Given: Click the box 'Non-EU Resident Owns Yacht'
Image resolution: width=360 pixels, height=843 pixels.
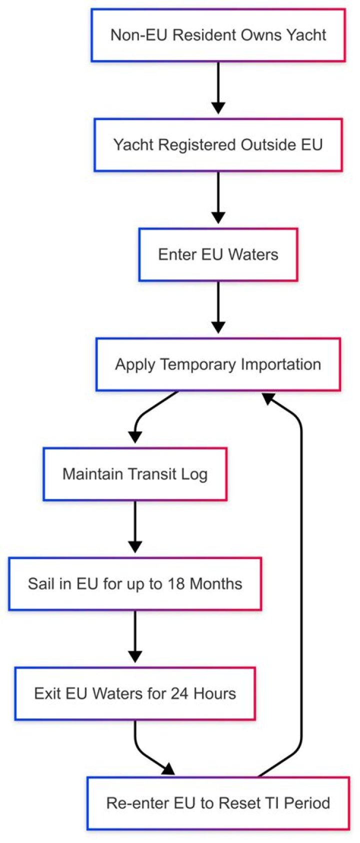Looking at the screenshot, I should (x=218, y=35).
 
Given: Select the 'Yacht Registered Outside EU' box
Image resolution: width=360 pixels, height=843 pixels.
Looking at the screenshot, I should (x=218, y=145).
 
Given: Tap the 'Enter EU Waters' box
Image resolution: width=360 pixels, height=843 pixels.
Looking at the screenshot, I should (x=218, y=254).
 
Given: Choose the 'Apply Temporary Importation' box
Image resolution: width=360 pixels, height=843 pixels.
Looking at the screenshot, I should (x=218, y=364).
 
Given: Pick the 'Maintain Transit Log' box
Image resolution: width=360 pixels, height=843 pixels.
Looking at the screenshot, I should (x=135, y=474).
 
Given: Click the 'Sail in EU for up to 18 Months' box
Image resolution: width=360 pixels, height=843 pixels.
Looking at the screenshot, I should (x=135, y=583).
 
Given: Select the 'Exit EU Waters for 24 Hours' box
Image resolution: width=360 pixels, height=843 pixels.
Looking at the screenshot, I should (x=135, y=693).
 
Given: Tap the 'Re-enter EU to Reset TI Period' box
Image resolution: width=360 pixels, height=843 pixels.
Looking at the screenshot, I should (x=218, y=803).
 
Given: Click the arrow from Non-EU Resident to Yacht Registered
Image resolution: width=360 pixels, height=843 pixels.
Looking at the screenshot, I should (x=218, y=87).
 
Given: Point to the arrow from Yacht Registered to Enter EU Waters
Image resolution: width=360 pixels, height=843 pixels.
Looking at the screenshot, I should (x=218, y=197).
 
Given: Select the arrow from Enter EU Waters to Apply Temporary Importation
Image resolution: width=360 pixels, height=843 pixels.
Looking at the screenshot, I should (x=218, y=307).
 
